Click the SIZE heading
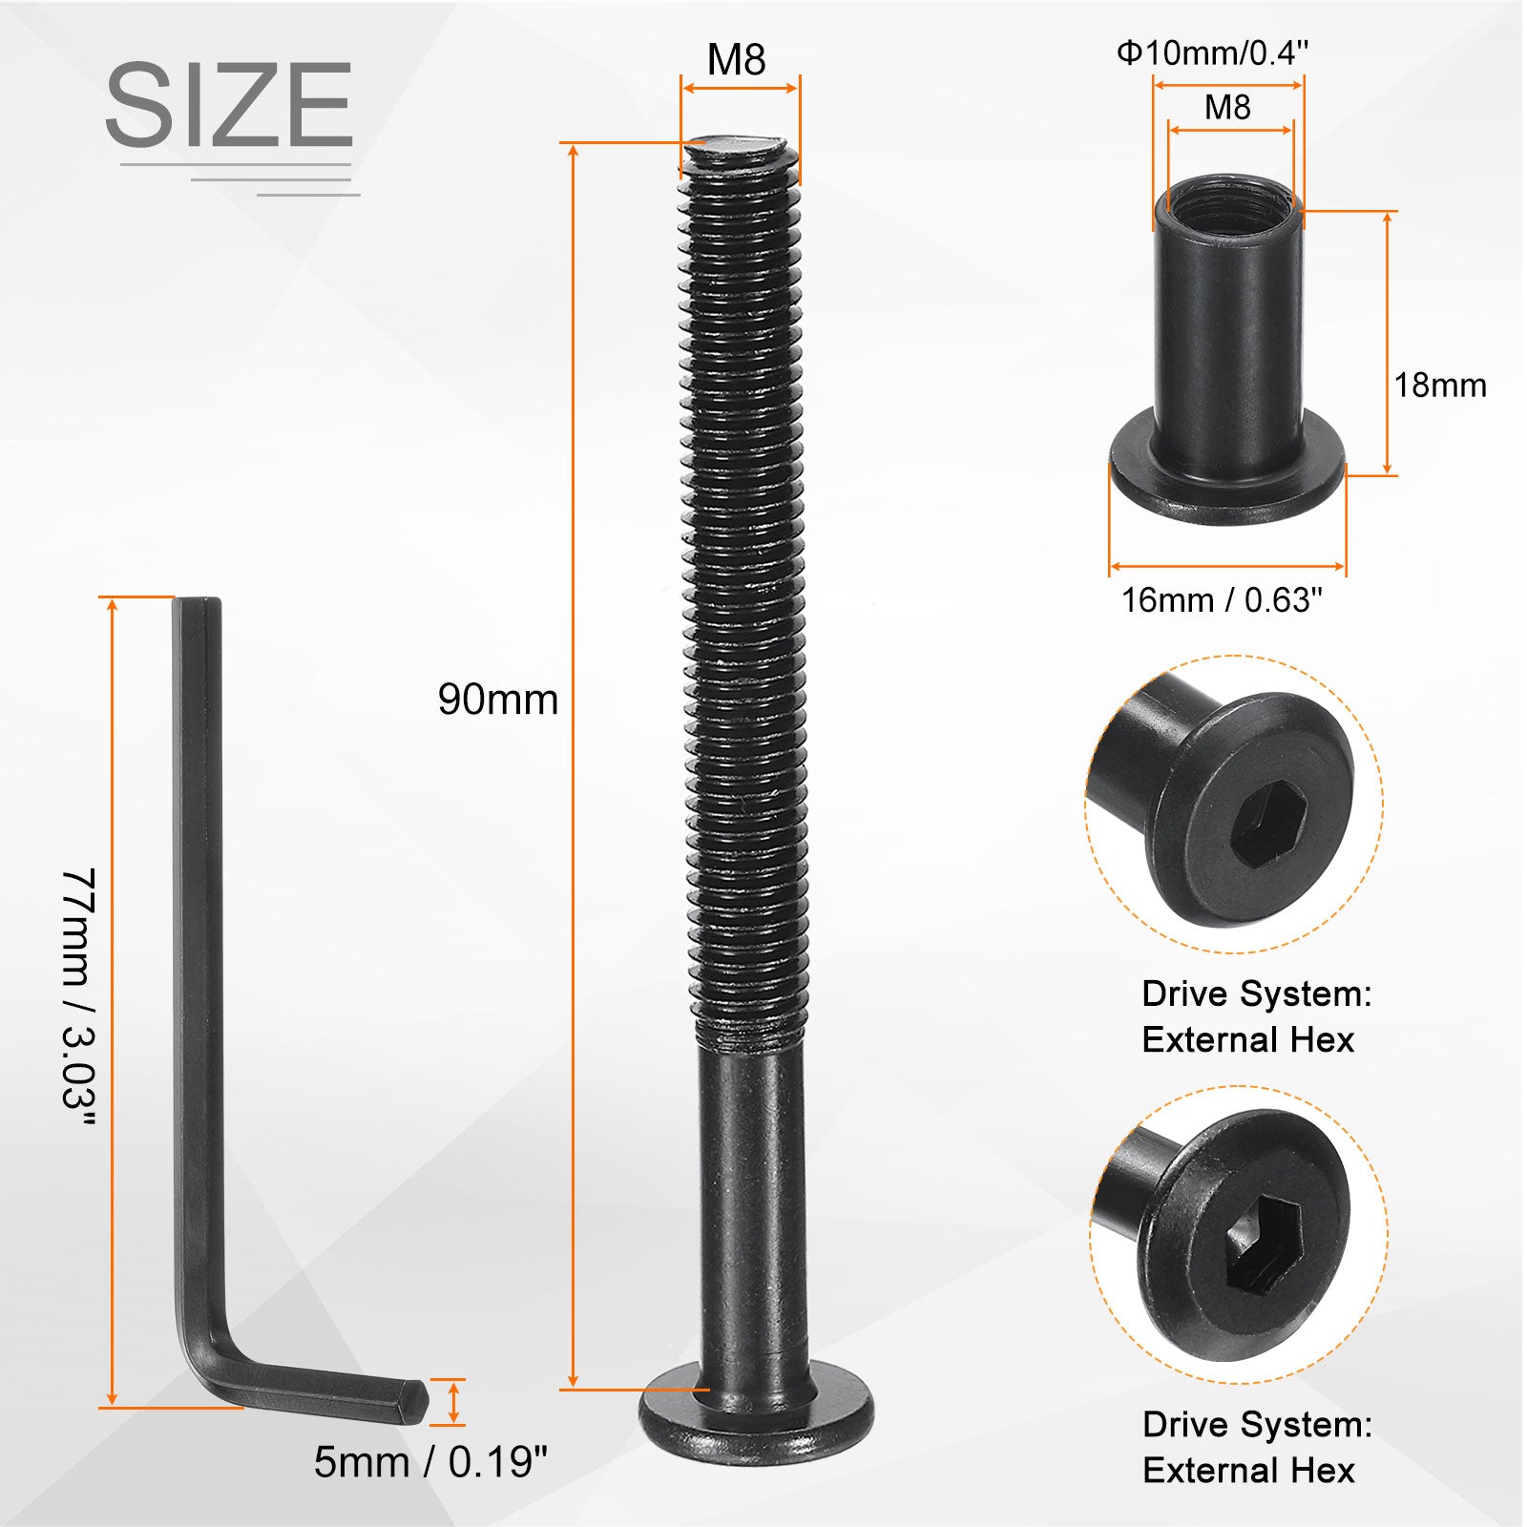pyautogui.click(x=229, y=104)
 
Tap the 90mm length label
pyautogui.click(x=498, y=700)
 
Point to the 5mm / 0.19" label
pyautogui.click(x=430, y=1461)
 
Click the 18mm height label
pyautogui.click(x=1440, y=386)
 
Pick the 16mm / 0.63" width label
pyautogui.click(x=1222, y=600)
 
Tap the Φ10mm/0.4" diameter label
pyautogui.click(x=1212, y=52)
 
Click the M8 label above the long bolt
pyautogui.click(x=736, y=60)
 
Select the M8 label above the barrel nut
pyautogui.click(x=1227, y=107)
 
